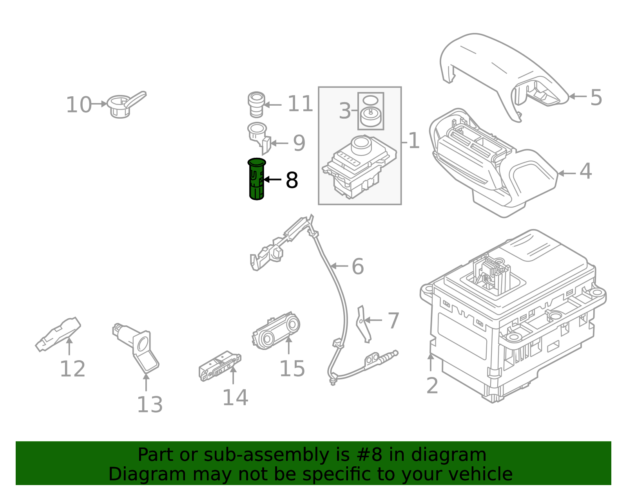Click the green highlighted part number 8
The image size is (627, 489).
click(x=257, y=179)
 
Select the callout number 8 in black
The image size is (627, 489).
click(x=292, y=180)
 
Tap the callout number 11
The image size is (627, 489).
click(x=300, y=104)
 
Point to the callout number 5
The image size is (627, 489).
click(x=596, y=97)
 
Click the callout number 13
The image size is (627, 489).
click(x=149, y=404)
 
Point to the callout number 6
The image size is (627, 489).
click(x=357, y=267)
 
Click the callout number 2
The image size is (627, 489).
click(x=432, y=386)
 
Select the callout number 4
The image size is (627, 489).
click(x=585, y=171)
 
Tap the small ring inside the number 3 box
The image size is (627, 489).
click(x=370, y=99)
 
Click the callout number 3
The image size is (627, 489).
click(x=345, y=111)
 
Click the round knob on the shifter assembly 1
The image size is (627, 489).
click(x=361, y=145)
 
